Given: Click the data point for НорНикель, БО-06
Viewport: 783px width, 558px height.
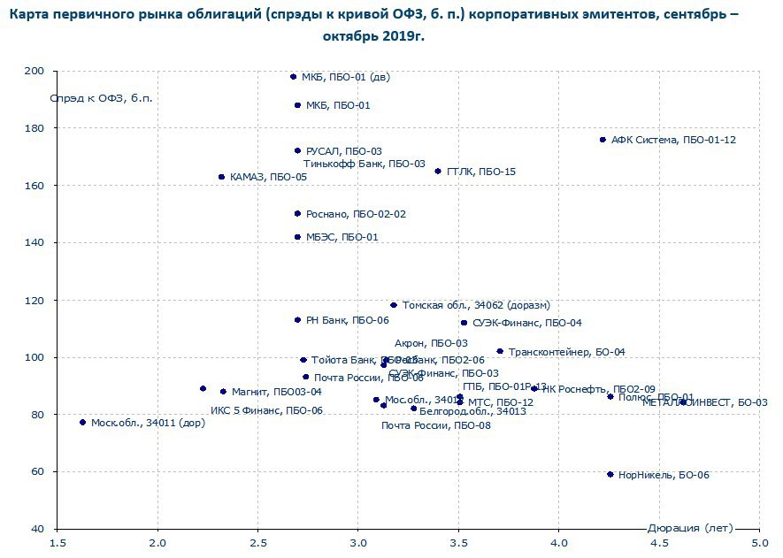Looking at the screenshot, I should pos(610,475).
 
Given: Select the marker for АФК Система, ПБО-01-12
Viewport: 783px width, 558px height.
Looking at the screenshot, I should pos(603,140).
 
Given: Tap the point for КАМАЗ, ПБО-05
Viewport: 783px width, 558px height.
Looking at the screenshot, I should pos(221,177).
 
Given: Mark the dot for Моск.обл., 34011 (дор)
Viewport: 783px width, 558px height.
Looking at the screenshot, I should pos(82,423).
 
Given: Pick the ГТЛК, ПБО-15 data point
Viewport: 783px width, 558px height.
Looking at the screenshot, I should pos(438,172).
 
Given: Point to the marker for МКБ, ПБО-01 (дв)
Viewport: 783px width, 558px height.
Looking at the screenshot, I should pos(294,77).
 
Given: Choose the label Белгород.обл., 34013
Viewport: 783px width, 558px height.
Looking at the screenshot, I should pos(472,411).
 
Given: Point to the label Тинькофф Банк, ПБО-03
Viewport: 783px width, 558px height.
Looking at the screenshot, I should pos(365,164).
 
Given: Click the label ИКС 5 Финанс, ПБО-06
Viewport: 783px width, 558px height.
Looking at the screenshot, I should pos(266,410).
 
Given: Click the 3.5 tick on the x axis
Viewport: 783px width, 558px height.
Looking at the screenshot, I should pos(458,541).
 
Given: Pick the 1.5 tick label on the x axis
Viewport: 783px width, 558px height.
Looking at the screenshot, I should pos(58,541).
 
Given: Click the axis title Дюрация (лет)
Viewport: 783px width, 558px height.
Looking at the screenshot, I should pos(690,528).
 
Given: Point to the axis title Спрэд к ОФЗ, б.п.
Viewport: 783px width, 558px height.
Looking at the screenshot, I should pos(101,97).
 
